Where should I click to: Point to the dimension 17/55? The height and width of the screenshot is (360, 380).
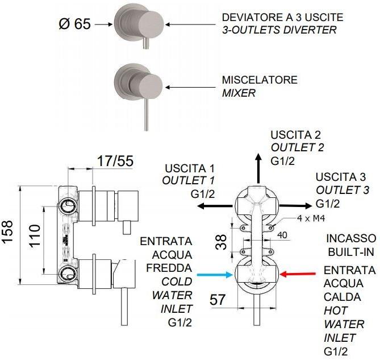pos(115,161)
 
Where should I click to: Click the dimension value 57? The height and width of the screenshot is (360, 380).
pos(218,299)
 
